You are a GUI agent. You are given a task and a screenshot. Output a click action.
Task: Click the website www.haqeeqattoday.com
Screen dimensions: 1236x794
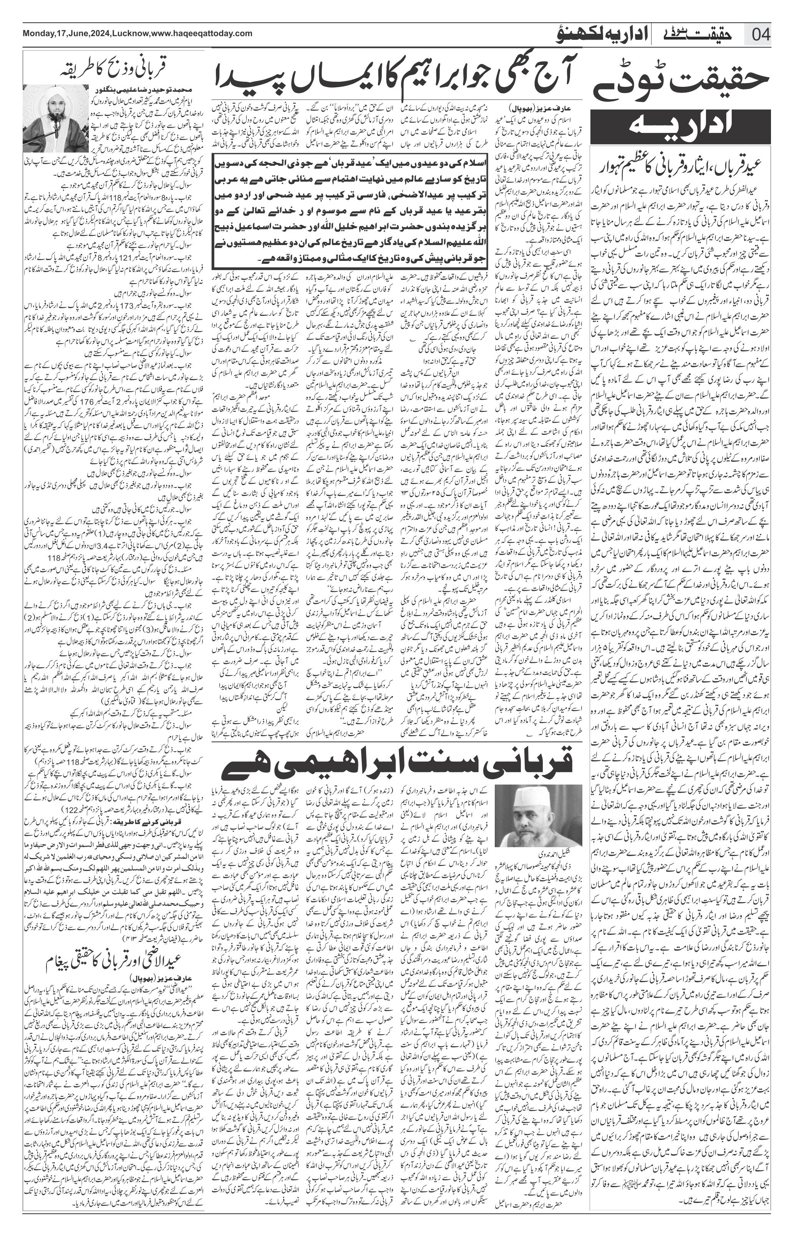[203, 33]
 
